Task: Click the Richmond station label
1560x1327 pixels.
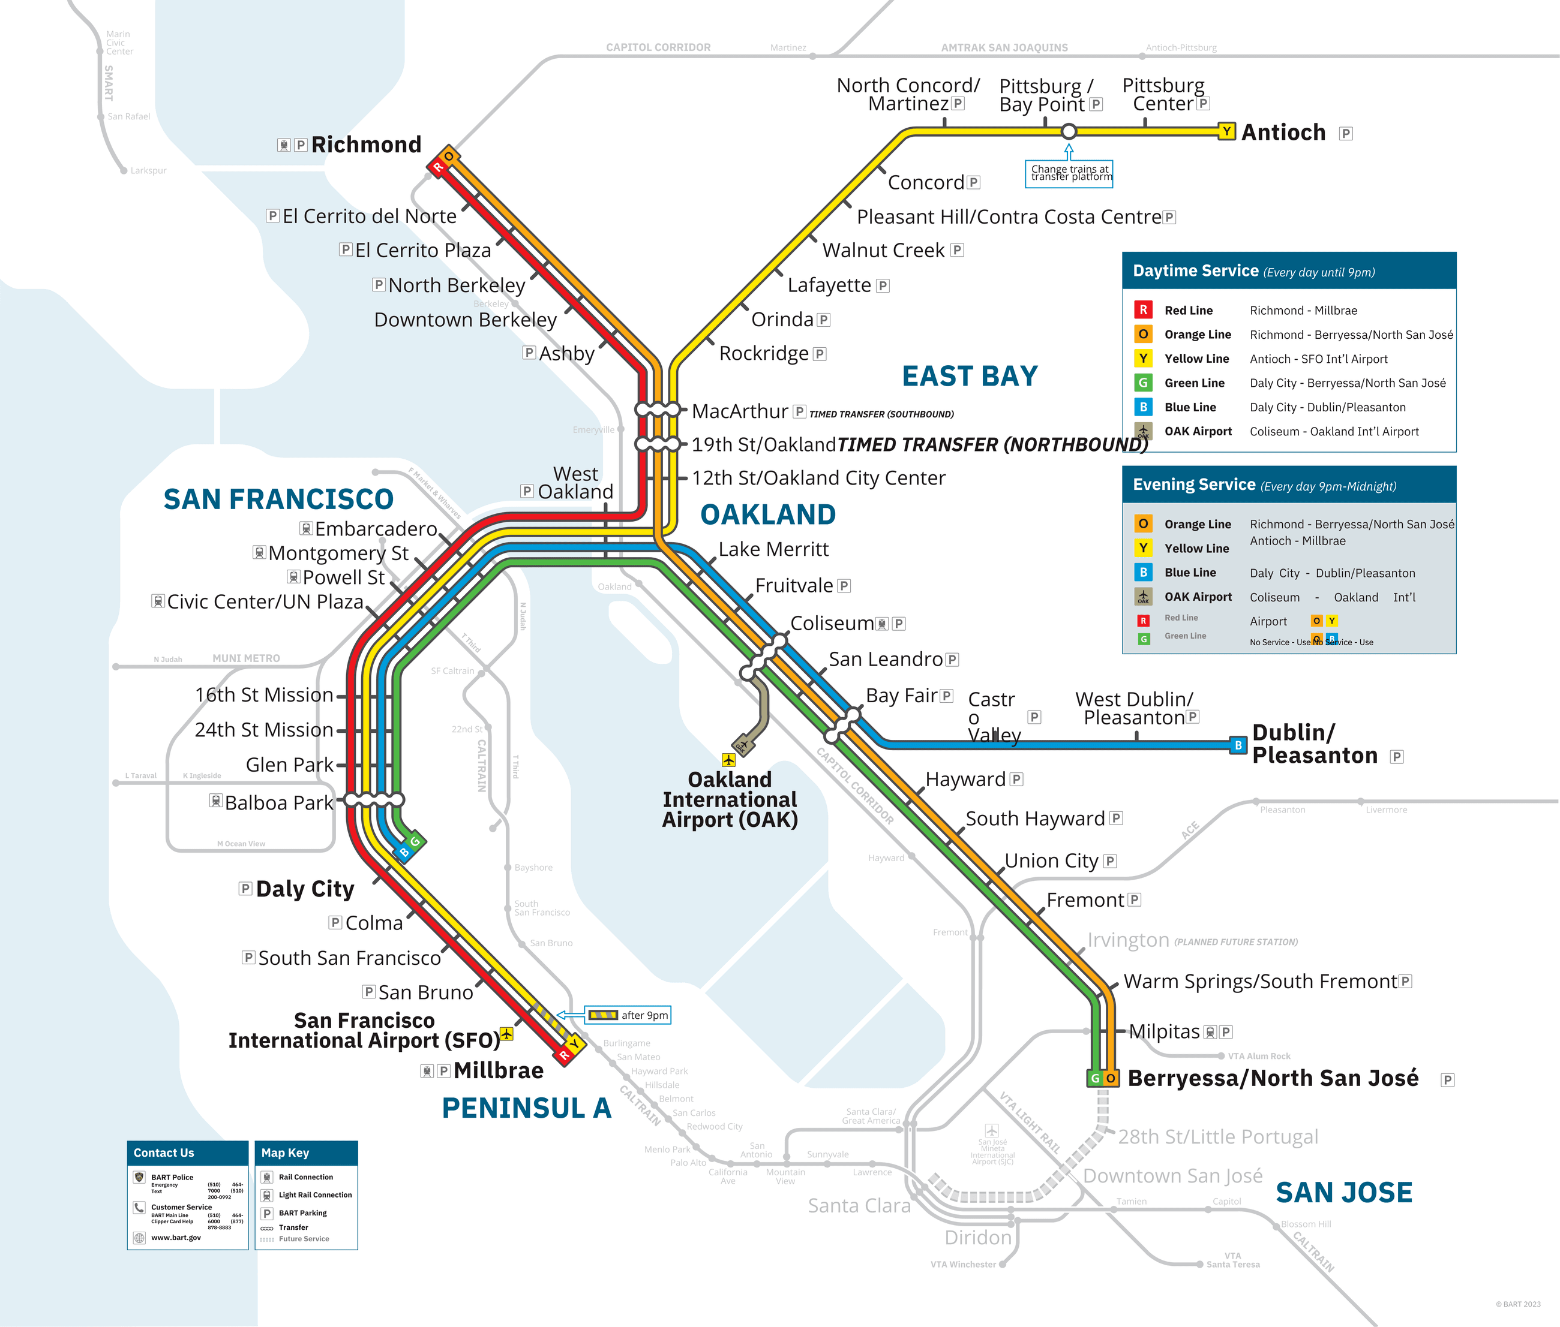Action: click(366, 145)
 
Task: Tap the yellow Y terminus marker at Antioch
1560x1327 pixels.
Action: click(1226, 132)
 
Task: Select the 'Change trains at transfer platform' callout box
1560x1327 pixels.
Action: click(1069, 174)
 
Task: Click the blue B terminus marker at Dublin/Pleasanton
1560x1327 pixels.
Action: click(1238, 745)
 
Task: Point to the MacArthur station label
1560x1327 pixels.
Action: click(739, 411)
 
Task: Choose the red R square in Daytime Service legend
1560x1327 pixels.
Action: click(1142, 310)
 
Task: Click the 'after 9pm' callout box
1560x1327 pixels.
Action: click(628, 1015)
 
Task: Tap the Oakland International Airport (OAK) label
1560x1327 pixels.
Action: click(729, 800)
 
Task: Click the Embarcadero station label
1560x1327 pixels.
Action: click(375, 529)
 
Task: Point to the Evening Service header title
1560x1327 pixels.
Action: click(1193, 485)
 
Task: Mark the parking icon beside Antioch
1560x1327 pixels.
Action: click(1346, 134)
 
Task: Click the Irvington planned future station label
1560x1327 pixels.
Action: click(1127, 940)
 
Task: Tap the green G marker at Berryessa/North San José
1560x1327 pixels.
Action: click(1095, 1078)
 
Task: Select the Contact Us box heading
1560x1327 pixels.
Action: click(164, 1153)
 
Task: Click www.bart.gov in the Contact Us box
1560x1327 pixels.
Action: click(175, 1238)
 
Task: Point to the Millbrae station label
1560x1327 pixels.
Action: click(498, 1070)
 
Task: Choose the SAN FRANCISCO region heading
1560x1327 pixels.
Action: click(278, 499)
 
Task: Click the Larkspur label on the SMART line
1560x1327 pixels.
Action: click(148, 171)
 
